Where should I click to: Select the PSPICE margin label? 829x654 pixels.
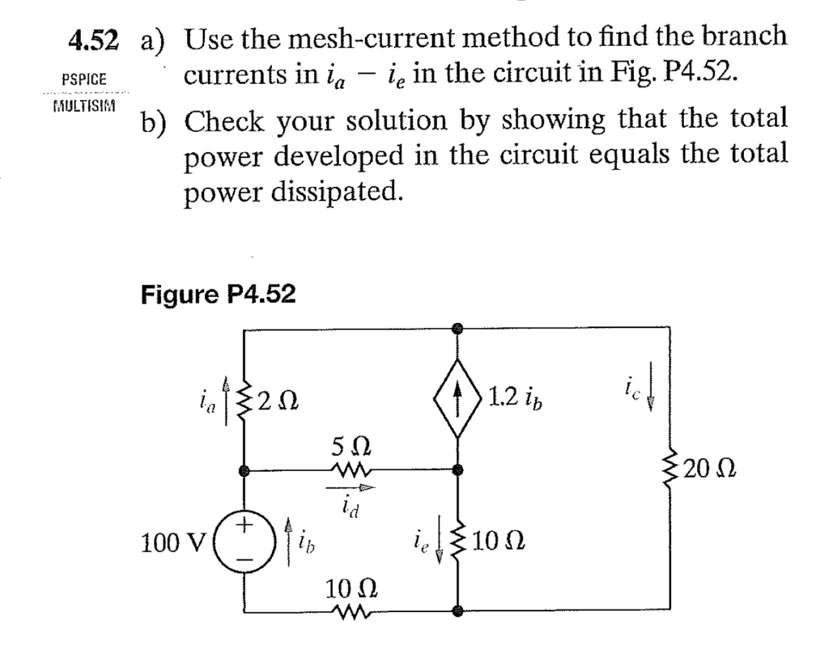click(x=90, y=80)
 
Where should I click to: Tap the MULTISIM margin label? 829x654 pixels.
click(x=90, y=106)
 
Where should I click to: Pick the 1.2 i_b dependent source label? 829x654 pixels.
click(x=516, y=397)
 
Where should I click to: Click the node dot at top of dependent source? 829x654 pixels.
click(x=458, y=329)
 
